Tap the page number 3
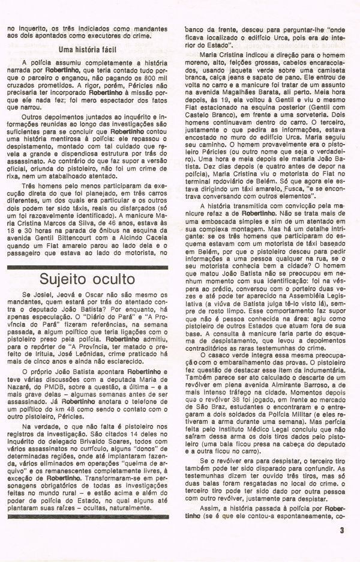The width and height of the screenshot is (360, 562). coord(341,530)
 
